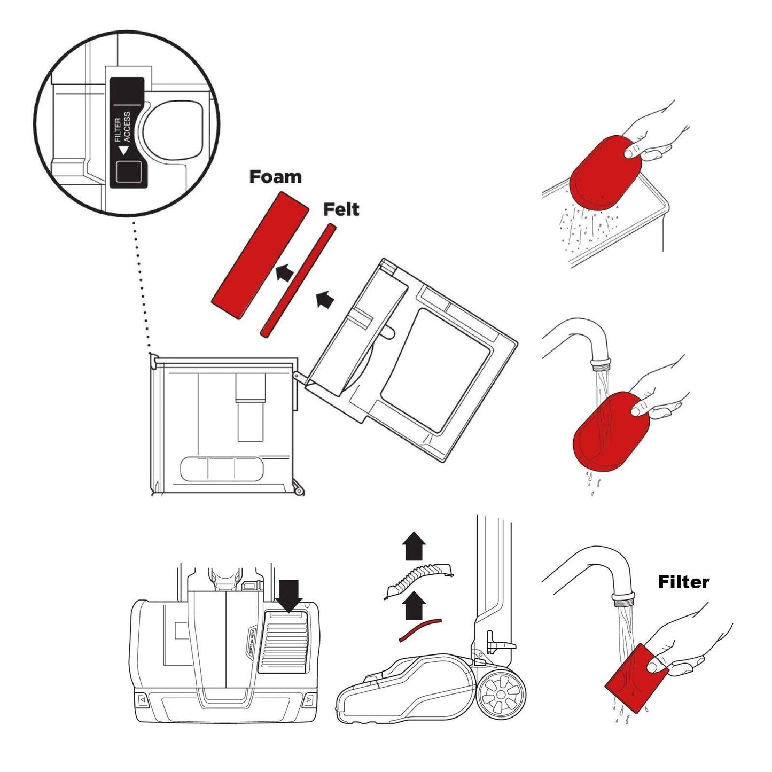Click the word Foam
(x=275, y=177)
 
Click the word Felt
(x=341, y=209)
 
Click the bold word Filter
(x=683, y=582)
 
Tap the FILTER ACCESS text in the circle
(x=122, y=127)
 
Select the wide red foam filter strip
(x=260, y=256)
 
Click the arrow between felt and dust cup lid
(x=325, y=300)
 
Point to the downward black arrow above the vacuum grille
(x=290, y=596)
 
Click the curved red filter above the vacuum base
(x=420, y=629)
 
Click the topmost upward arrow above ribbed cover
(x=414, y=546)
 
